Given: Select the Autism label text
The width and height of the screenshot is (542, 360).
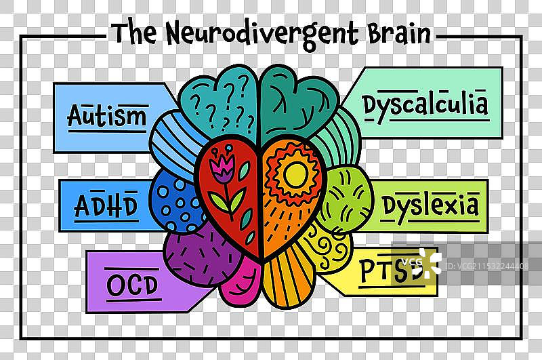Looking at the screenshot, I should click(x=107, y=115).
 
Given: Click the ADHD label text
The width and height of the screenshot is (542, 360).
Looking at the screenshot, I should click(x=106, y=204).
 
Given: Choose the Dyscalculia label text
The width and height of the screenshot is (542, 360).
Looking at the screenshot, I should click(x=425, y=105).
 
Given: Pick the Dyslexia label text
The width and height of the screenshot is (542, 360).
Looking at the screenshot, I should click(x=430, y=205).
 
